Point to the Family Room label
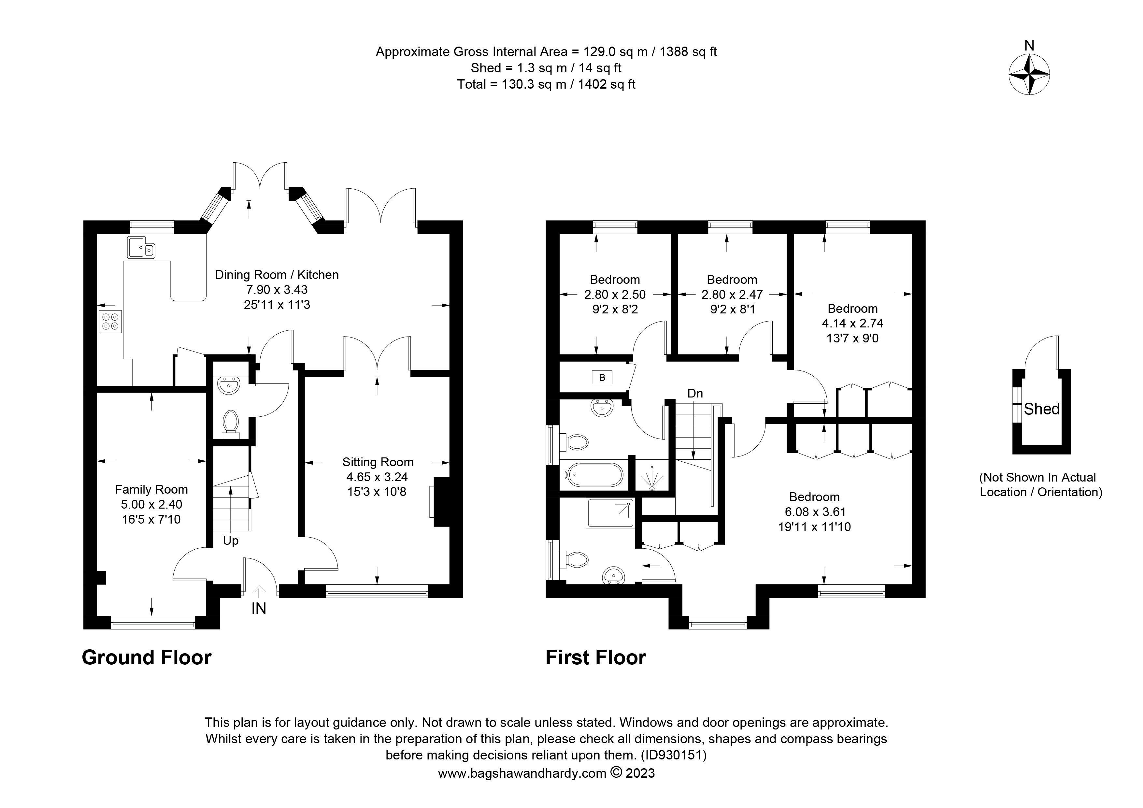point(151,489)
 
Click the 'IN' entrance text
point(258,608)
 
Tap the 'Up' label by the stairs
point(231,541)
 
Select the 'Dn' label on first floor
point(695,393)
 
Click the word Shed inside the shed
point(1041,409)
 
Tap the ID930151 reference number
point(673,755)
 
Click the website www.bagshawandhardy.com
point(522,773)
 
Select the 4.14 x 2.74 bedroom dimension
point(852,323)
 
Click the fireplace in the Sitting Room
point(441,502)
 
